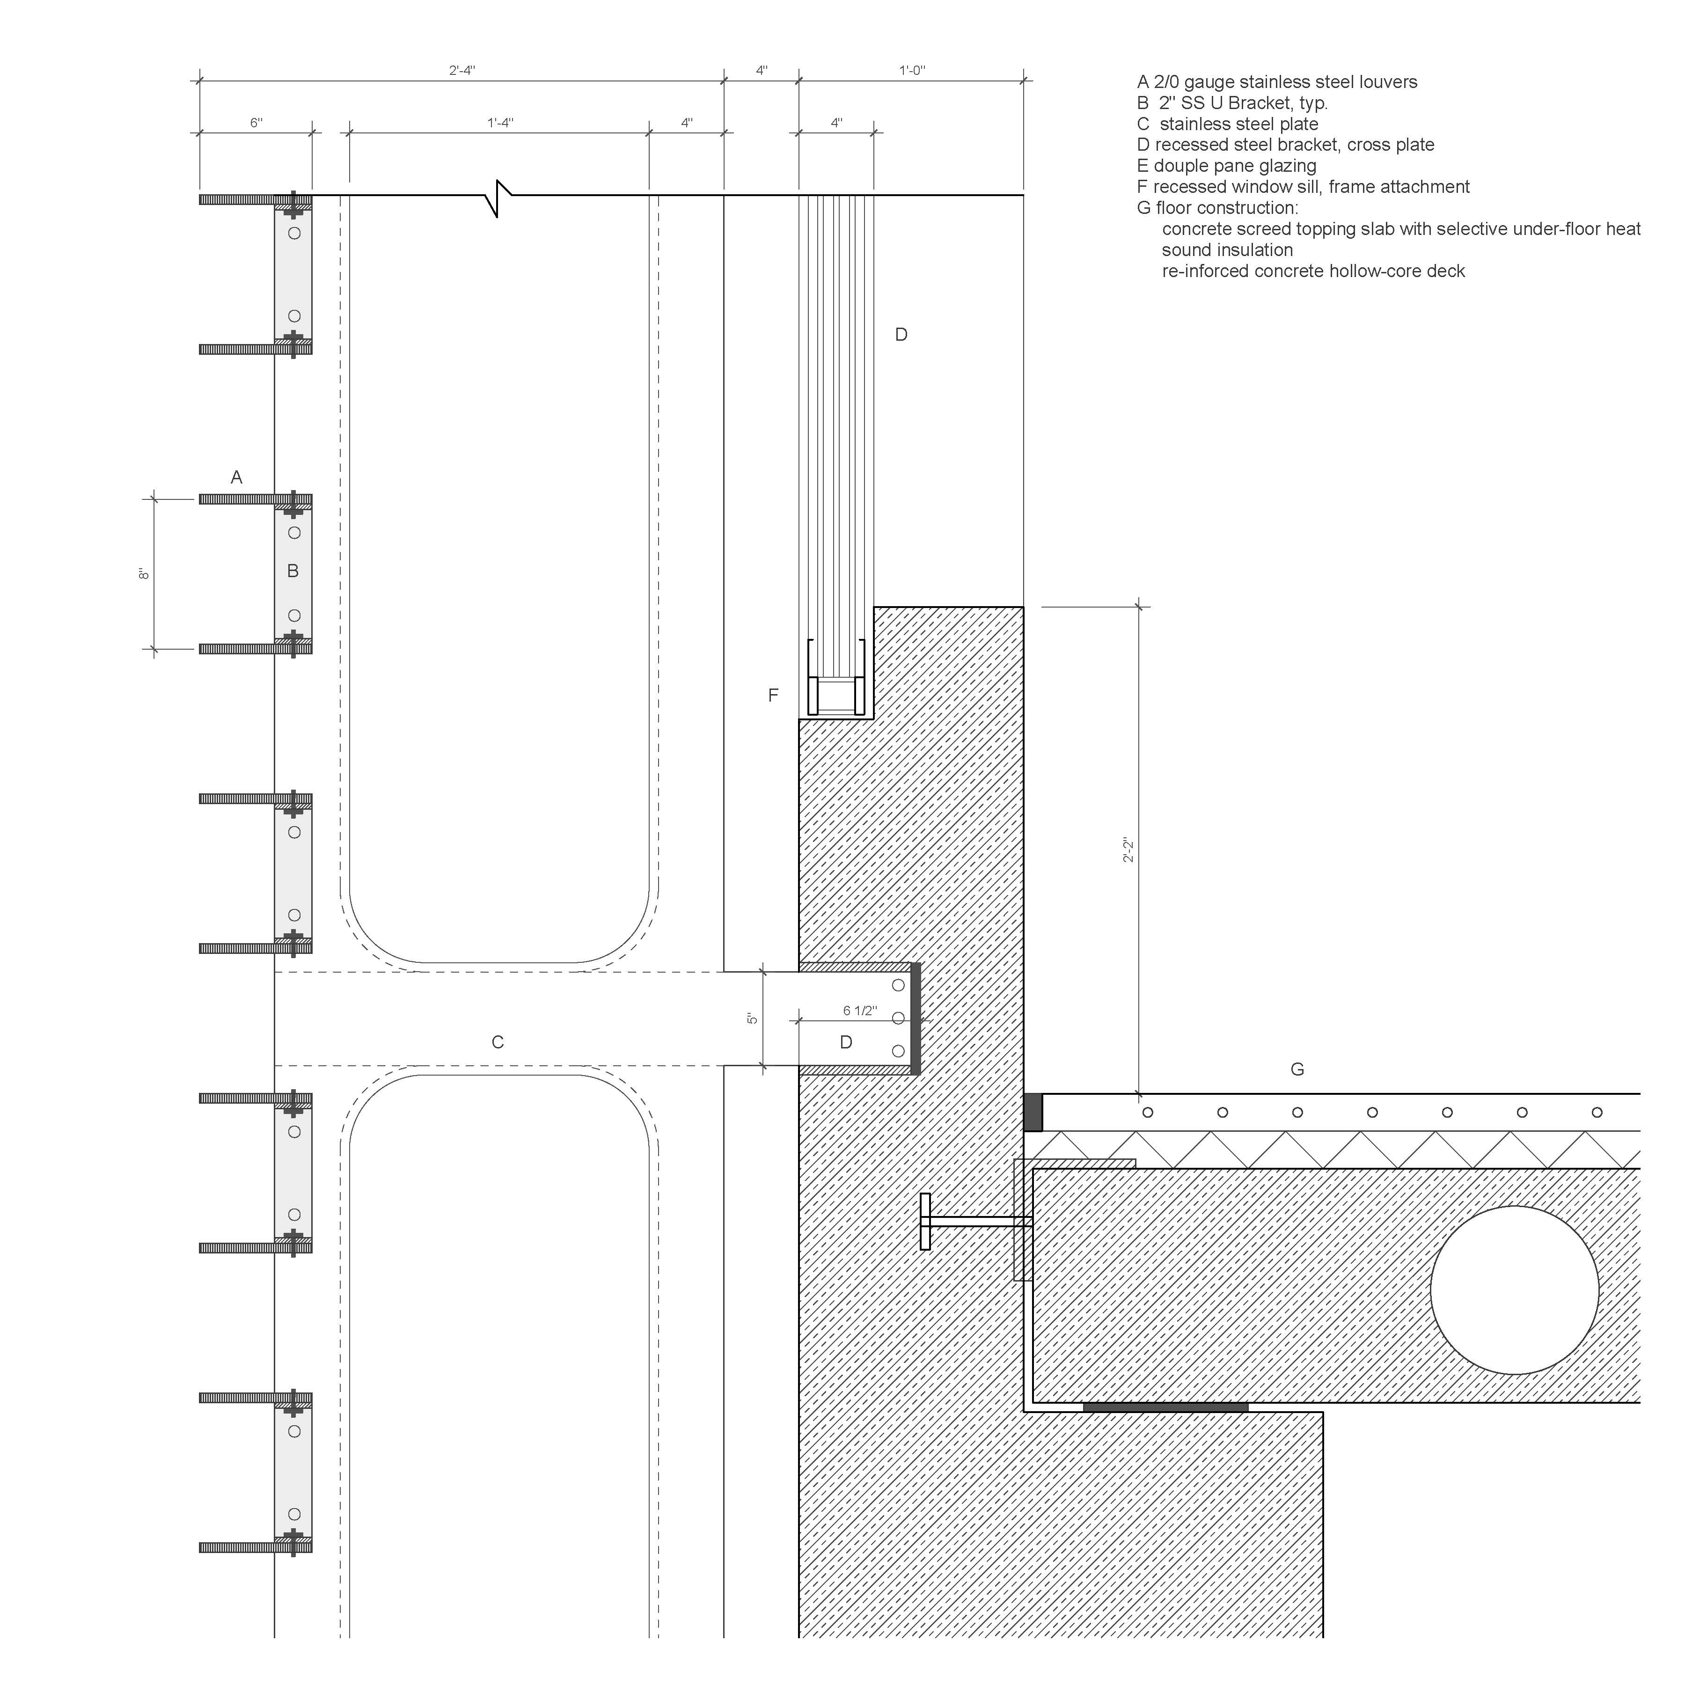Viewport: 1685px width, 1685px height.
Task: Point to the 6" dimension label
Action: pos(256,123)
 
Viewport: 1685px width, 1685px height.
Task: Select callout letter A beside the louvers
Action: pos(236,477)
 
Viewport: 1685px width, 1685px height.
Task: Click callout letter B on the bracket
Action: pos(293,571)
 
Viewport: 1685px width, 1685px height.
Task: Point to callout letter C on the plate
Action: pos(498,1042)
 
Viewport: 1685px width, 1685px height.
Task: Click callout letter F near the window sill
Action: pos(773,695)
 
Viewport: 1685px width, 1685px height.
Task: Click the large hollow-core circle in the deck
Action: pos(1515,1206)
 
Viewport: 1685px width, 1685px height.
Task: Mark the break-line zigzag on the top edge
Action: pos(498,199)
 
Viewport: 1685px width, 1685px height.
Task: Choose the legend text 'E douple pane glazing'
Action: pos(1226,166)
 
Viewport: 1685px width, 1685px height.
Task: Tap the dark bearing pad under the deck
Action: pos(1165,1407)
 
